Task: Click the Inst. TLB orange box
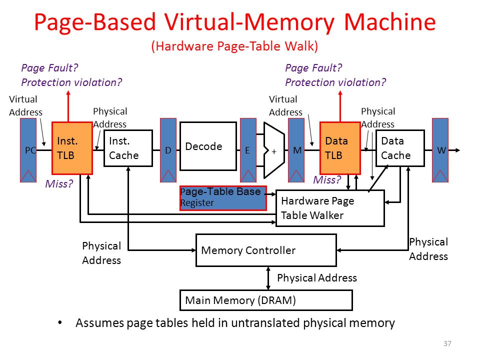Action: point(72,148)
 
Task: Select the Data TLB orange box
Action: point(340,148)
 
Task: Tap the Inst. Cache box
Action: point(128,148)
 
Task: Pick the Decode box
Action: point(208,146)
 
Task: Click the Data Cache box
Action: point(400,148)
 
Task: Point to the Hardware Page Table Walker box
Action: point(330,208)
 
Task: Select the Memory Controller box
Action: point(266,250)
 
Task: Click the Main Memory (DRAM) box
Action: point(266,300)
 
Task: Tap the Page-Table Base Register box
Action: point(223,198)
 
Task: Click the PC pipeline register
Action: point(28,150)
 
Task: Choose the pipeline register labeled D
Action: point(168,150)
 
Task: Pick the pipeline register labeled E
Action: point(248,150)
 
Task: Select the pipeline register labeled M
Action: point(296,150)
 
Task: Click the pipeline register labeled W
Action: point(440,150)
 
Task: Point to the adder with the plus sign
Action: point(274,150)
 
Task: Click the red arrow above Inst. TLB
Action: point(68,106)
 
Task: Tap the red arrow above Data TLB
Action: point(340,106)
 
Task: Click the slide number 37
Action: point(447,343)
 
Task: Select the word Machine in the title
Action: point(389,22)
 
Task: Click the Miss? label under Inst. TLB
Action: point(59,183)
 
